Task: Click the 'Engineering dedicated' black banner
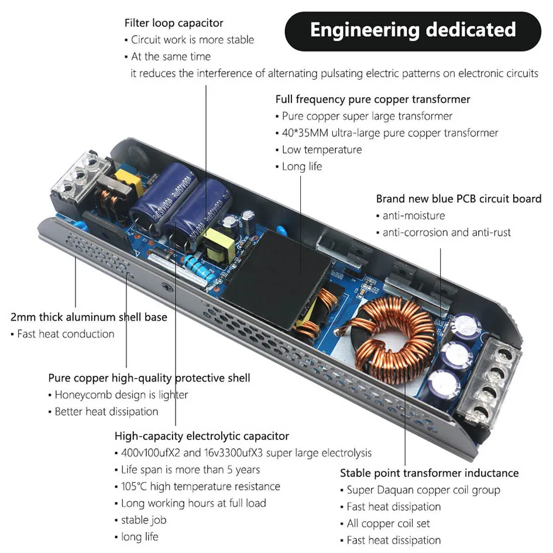click(413, 30)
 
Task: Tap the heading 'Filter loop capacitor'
click(174, 23)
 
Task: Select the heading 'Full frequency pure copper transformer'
click(373, 99)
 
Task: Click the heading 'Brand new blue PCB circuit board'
click(458, 199)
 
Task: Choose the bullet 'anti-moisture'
click(414, 216)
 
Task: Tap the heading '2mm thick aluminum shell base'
click(89, 317)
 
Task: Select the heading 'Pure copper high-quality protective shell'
click(149, 378)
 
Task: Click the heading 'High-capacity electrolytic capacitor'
click(202, 436)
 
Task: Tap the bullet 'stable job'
click(143, 520)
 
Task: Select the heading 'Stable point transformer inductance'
click(430, 473)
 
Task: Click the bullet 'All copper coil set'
click(388, 523)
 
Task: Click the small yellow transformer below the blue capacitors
click(218, 244)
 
